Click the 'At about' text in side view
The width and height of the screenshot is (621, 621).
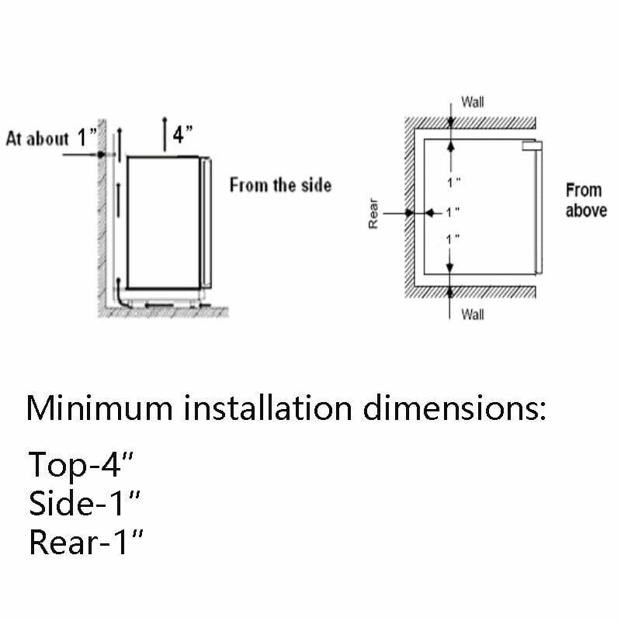[37, 139]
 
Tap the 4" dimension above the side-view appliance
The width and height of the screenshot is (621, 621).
[182, 134]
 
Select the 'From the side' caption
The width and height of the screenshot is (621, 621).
[280, 186]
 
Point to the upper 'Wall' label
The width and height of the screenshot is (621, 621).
[473, 102]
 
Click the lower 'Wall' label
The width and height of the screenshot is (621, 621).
[473, 314]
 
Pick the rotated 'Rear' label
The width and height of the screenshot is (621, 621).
[373, 213]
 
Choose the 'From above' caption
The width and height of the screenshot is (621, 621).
[586, 200]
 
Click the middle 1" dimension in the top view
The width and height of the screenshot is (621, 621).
[453, 213]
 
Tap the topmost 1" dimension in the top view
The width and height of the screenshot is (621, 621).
[454, 182]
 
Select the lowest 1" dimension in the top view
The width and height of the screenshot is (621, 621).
[453, 240]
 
